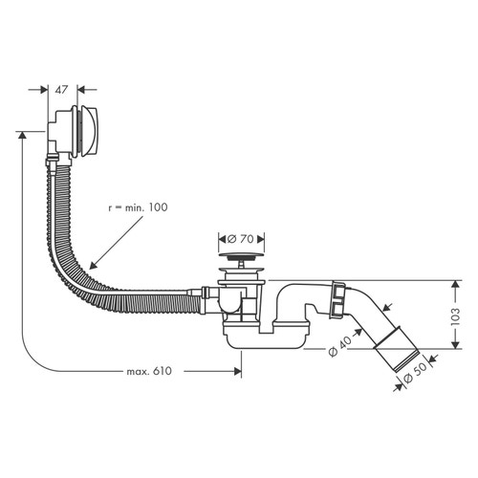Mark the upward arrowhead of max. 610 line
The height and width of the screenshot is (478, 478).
(x=19, y=136)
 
